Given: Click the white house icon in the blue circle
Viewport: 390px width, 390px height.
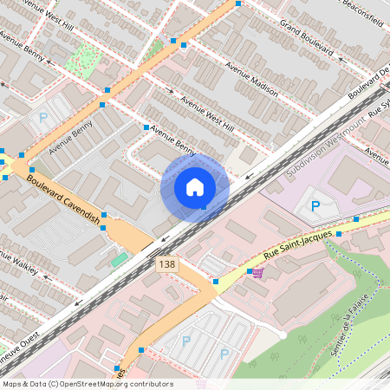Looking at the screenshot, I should (x=195, y=187).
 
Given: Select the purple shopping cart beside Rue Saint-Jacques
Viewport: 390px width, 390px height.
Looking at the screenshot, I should (x=258, y=273).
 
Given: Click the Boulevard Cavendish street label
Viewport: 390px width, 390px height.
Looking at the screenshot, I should (x=62, y=197).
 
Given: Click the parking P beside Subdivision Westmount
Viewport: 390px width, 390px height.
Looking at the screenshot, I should (x=315, y=206).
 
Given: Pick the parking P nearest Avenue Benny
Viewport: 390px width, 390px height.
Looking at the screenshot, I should (x=41, y=118).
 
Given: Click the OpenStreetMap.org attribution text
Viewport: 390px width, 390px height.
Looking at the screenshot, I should (x=87, y=384).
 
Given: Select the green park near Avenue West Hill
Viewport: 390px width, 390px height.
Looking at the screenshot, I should (x=85, y=56).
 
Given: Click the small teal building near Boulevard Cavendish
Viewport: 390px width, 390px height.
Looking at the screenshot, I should (x=119, y=259).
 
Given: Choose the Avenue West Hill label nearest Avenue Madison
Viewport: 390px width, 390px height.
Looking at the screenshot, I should (x=207, y=114).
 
